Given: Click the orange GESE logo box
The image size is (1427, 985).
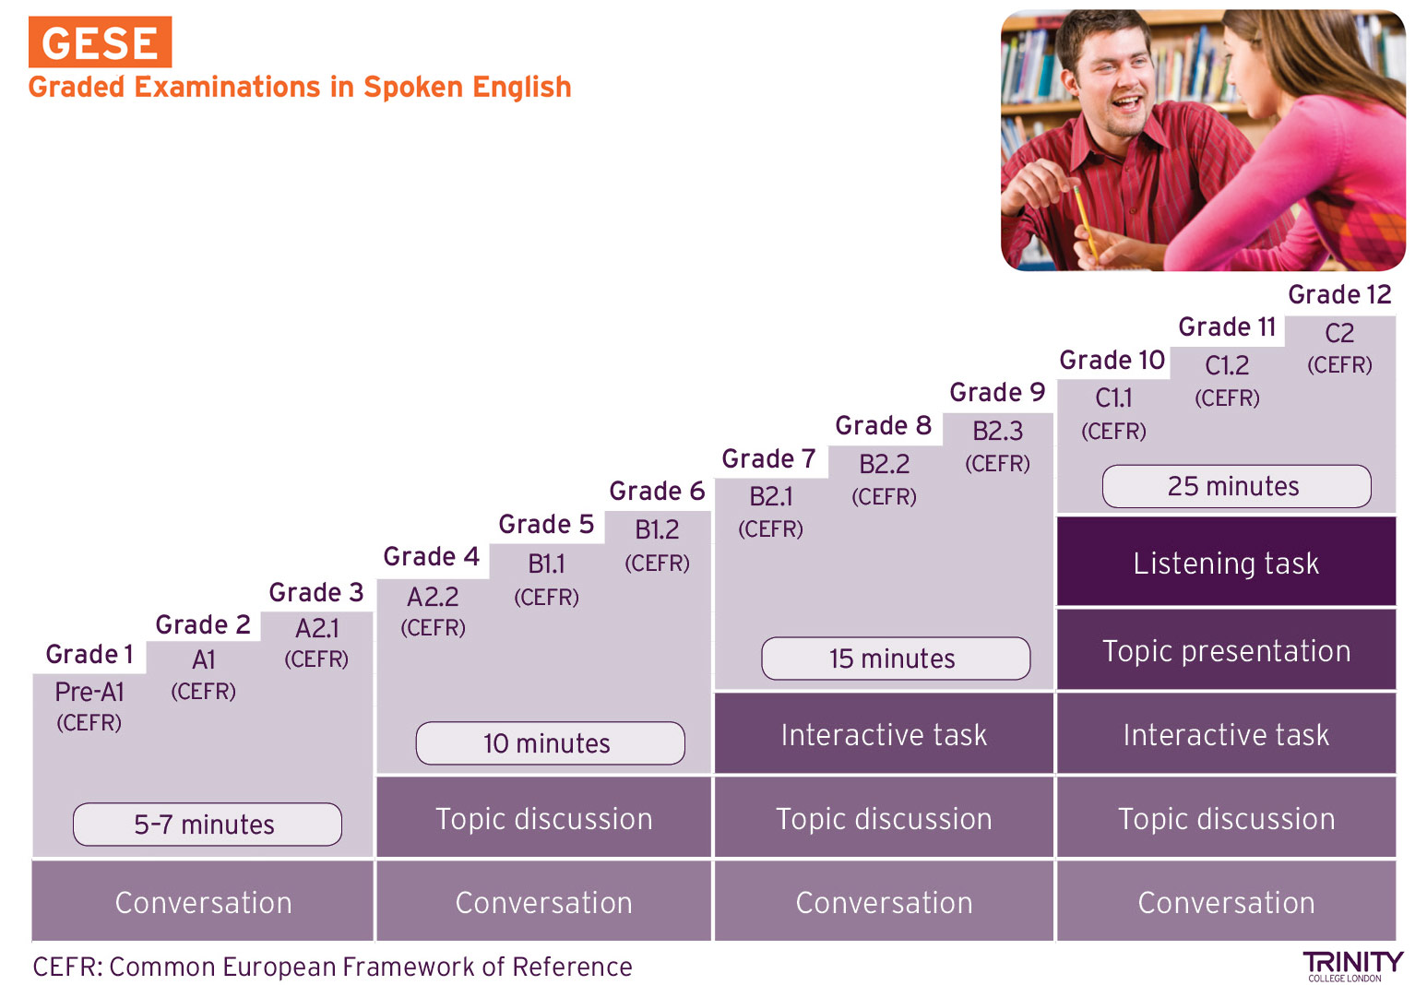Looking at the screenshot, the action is [x=100, y=42].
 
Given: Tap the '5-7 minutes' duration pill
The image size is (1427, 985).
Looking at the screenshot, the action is [x=207, y=825].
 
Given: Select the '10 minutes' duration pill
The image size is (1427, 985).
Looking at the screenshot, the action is [x=550, y=742].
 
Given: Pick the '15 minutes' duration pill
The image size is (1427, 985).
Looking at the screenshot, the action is [x=895, y=659].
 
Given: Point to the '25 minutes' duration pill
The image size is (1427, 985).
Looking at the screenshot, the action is [x=1237, y=486].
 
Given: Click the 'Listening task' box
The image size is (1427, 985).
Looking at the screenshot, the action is [x=1226, y=562].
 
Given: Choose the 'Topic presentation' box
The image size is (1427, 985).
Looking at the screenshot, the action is [x=1226, y=650].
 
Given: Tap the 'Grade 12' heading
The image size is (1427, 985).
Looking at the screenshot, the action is [x=1339, y=294].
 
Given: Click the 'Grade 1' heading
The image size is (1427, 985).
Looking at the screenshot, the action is [x=89, y=654].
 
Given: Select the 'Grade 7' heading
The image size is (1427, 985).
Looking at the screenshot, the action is [x=768, y=458].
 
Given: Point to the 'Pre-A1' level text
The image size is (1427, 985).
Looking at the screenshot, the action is [x=89, y=692].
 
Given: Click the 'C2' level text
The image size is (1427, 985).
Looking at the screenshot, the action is [x=1339, y=333].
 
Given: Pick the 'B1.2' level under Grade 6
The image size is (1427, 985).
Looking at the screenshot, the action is [x=657, y=529].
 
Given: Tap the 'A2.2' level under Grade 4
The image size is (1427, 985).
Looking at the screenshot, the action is [x=433, y=597].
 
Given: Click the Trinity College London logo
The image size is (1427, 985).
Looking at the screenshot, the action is [x=1353, y=966].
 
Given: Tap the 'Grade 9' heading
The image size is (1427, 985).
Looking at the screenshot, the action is [x=997, y=392].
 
